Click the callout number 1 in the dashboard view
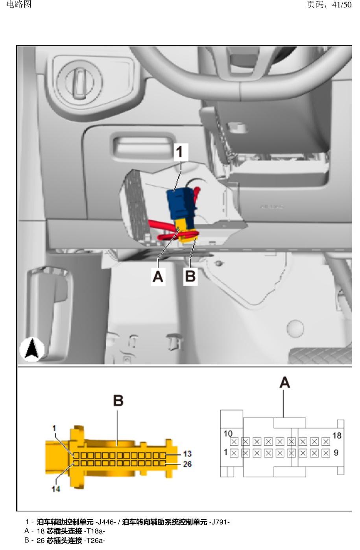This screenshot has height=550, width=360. [180, 152]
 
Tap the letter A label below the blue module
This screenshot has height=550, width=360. [158, 276]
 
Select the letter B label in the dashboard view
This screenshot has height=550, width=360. [190, 276]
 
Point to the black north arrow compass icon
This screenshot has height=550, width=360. [32, 349]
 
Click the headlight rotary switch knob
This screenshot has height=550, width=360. [79, 83]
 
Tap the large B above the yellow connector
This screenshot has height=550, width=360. [118, 401]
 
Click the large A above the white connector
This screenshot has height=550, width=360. [284, 382]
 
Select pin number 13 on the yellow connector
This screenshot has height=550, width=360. [187, 454]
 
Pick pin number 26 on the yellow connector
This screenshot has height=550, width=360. [187, 464]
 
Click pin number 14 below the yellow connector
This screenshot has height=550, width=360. [56, 489]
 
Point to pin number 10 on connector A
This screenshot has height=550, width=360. [228, 434]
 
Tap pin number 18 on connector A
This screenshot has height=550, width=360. [337, 436]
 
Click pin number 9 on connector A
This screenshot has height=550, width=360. [336, 452]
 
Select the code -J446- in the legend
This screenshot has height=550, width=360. [105, 522]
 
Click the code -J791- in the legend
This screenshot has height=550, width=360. [219, 522]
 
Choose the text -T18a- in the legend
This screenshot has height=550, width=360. [94, 532]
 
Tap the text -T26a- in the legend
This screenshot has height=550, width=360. [94, 541]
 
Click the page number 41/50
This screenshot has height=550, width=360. [342, 5]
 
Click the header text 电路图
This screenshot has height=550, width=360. [19, 4]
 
